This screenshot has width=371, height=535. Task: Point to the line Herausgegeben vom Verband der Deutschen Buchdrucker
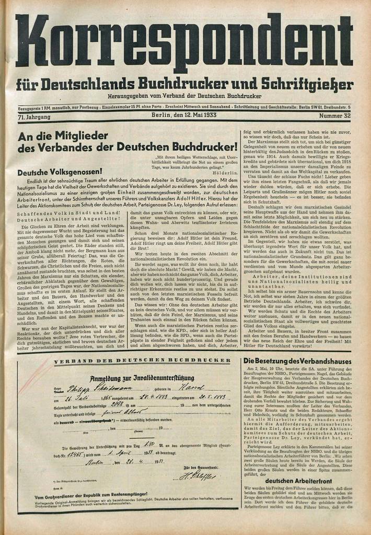point(184,97)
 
